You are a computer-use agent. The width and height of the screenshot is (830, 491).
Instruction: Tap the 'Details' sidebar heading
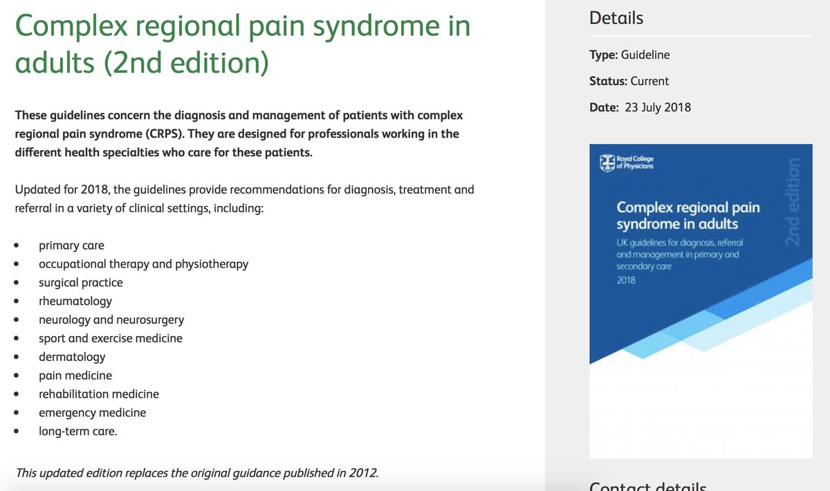coord(616,18)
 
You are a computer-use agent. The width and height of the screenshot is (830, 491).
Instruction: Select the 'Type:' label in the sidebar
coord(603,55)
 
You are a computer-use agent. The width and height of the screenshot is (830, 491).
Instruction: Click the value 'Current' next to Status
coord(649,81)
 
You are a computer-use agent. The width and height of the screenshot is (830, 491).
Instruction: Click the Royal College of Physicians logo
coord(627,163)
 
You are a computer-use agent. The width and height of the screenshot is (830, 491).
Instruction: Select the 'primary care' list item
coord(71,245)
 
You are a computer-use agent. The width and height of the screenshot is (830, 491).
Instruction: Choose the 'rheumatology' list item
coord(75,301)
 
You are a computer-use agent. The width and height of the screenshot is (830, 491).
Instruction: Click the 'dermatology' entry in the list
coord(72,357)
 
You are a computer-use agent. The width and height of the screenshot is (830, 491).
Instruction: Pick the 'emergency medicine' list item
coord(92,413)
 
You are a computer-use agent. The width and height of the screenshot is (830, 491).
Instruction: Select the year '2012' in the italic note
coord(364,474)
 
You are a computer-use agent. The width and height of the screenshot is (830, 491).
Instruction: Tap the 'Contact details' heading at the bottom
coord(647,486)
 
